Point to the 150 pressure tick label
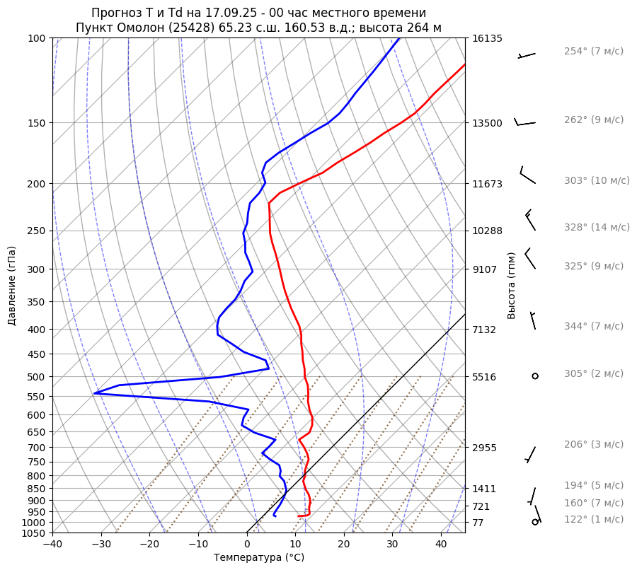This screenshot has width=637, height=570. [37, 123]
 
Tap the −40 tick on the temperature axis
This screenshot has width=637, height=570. [52, 545]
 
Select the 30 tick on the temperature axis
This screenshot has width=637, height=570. [392, 545]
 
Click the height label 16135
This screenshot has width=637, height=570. [487, 38]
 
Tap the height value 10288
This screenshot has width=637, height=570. [487, 231]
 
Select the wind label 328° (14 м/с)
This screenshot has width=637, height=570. [596, 228]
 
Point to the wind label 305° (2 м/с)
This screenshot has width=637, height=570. [593, 374]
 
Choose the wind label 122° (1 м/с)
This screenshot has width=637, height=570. [593, 520]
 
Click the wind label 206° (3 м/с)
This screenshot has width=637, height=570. [593, 445]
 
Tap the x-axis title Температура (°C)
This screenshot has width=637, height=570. [259, 558]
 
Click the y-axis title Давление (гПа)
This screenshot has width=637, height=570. [12, 286]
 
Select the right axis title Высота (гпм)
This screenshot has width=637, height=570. [511, 285]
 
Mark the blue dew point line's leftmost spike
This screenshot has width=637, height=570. [95, 393]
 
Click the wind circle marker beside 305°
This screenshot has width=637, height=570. [535, 376]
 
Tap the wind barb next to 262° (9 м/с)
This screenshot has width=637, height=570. [524, 124]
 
